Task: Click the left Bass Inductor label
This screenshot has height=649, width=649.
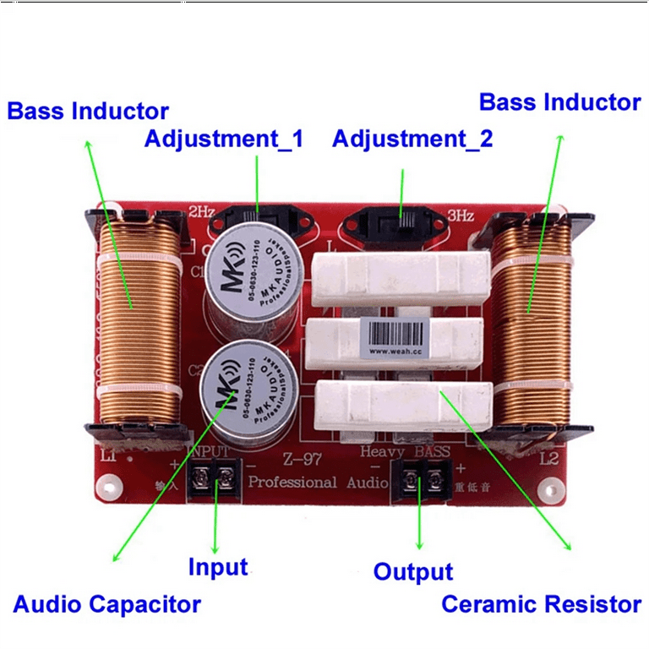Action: (88, 111)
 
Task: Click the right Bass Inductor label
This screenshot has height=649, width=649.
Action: (559, 102)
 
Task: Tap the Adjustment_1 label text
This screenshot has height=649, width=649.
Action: (223, 139)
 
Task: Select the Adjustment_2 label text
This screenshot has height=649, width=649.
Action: (412, 139)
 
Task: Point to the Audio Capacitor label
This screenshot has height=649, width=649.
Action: (107, 604)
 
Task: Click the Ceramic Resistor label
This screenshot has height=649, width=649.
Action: (541, 604)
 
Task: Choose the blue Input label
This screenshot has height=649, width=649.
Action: (218, 567)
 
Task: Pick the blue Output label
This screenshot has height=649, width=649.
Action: (413, 571)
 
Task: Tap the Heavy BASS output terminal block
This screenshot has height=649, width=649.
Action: (422, 483)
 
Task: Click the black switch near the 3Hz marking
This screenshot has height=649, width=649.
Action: (400, 221)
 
